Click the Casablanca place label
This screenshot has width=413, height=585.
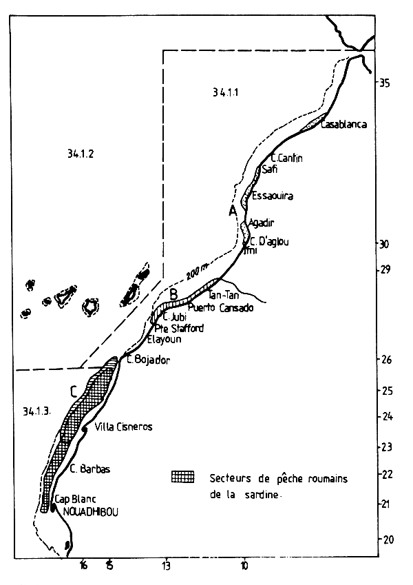tap(347, 124)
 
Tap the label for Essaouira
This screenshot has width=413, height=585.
tap(273, 196)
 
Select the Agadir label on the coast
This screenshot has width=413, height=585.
tap(262, 223)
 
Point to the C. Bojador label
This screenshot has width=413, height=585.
tap(147, 360)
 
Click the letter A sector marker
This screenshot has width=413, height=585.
tap(233, 210)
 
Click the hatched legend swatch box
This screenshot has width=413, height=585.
tap(182, 478)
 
